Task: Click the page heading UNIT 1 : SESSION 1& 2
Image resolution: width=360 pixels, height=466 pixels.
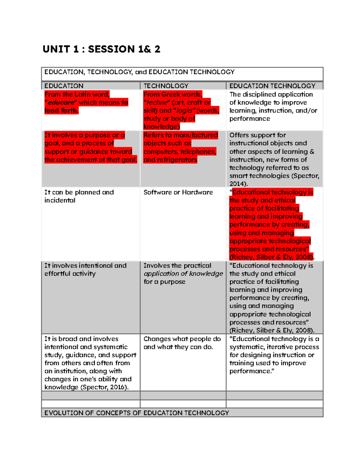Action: tap(101, 49)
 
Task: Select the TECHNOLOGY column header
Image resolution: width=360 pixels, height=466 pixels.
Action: tap(166, 86)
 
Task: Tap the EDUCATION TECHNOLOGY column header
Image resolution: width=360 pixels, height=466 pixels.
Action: tap(272, 86)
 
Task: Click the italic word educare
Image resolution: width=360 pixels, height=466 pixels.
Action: tap(61, 103)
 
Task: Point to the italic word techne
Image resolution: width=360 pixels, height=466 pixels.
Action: tap(157, 103)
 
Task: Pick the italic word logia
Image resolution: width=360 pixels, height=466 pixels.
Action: tap(184, 111)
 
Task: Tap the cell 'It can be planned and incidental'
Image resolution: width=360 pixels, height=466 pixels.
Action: tap(79, 196)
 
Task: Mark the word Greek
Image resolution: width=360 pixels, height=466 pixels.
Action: tap(171, 95)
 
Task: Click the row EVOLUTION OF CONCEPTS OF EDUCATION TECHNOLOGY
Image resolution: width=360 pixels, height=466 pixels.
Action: tap(137, 413)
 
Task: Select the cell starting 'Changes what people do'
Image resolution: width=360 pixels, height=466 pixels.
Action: tap(182, 343)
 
